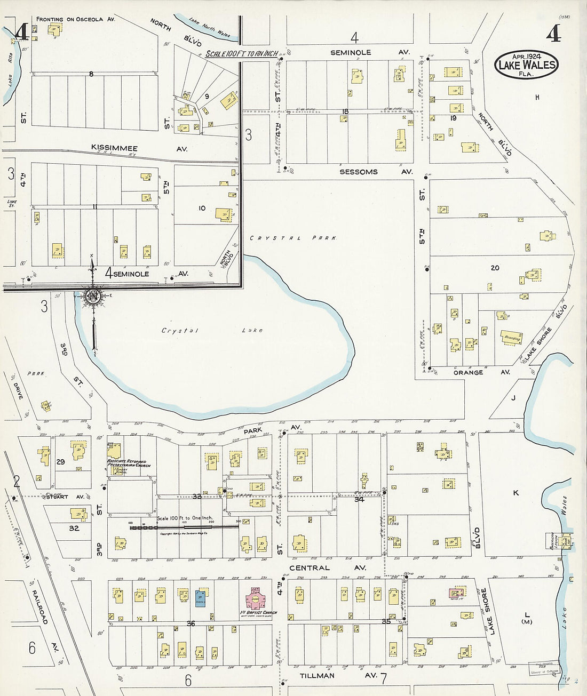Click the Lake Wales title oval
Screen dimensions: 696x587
[x=526, y=65]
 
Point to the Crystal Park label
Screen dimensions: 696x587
[x=293, y=238]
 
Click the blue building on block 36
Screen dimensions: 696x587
[x=200, y=597]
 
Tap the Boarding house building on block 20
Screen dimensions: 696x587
[x=512, y=338]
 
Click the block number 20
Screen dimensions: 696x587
[x=495, y=268]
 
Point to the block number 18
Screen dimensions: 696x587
[x=345, y=111]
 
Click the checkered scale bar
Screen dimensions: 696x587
[x=184, y=527]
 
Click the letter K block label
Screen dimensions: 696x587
[x=515, y=493]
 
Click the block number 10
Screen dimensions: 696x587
[x=202, y=208]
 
